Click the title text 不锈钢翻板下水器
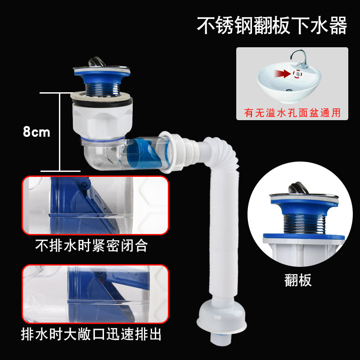pos(272,26)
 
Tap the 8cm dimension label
pos(36,132)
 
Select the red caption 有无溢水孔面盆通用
pos(292,112)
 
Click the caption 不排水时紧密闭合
pos(92,246)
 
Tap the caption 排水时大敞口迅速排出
pos(92,335)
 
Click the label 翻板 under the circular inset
pos(298,280)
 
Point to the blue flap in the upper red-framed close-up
pos(72,202)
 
